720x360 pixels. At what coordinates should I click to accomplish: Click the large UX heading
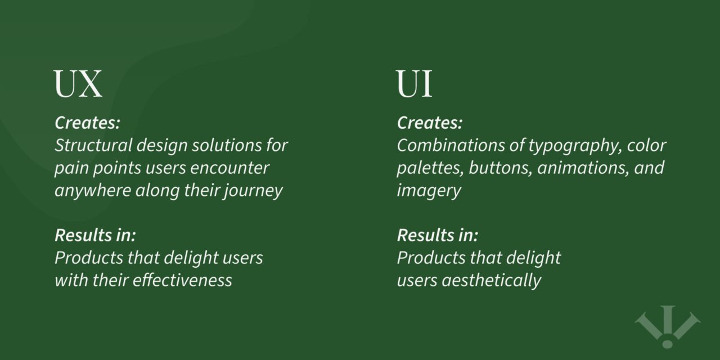78,84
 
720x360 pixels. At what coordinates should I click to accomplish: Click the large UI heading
415,84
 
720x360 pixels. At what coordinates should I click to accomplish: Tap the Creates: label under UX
87,123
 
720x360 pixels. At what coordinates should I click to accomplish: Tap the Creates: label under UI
430,123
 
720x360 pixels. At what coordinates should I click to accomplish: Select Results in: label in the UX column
95,235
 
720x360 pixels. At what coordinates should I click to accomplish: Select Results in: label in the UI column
438,235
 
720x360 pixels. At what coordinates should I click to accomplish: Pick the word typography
568,146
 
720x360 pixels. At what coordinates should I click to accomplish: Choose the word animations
578,168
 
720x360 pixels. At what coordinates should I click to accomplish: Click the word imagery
429,191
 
